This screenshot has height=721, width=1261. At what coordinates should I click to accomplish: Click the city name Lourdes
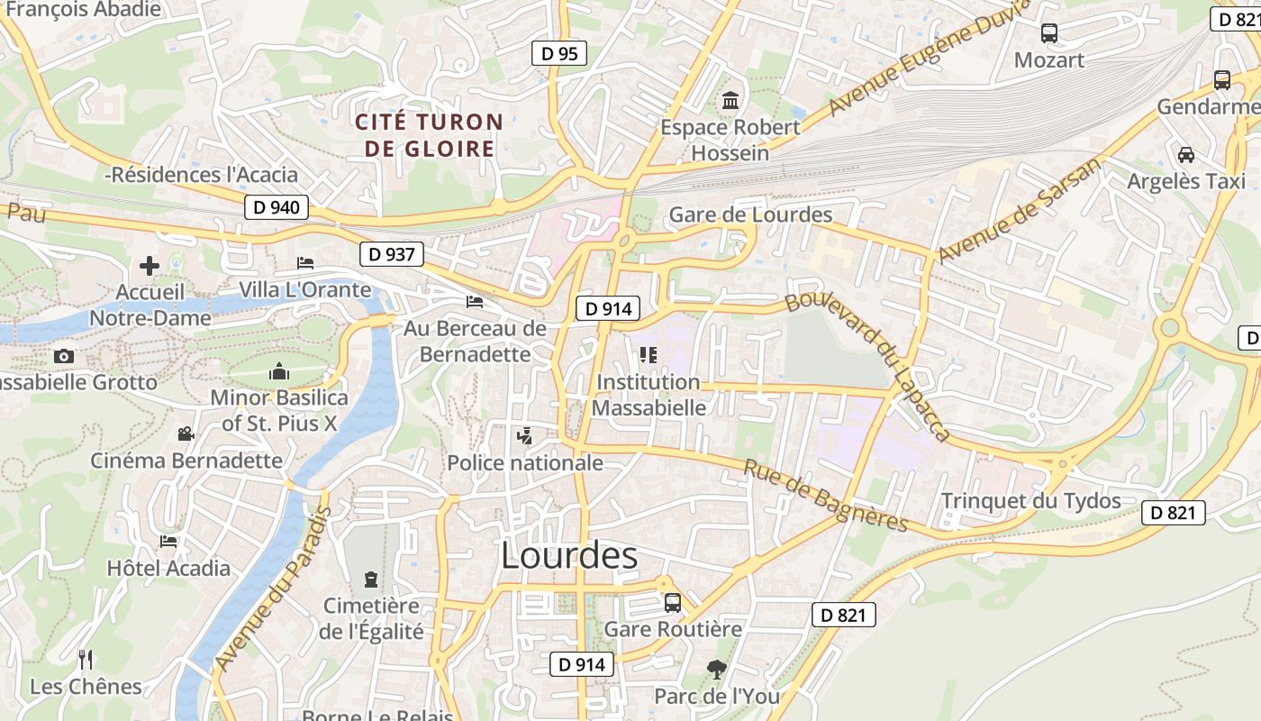(569, 555)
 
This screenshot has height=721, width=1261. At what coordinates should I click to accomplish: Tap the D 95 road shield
(558, 54)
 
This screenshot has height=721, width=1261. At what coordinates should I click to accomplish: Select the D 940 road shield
(277, 207)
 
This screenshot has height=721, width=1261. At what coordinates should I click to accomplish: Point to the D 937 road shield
(392, 254)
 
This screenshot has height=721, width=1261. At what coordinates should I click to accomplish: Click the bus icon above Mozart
(1049, 33)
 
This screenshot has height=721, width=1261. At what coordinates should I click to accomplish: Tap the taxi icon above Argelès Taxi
(1186, 154)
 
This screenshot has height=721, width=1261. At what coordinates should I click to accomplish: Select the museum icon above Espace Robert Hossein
(730, 100)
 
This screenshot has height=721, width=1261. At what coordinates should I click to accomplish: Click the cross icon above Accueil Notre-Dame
(150, 266)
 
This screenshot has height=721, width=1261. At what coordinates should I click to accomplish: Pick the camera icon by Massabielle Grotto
(64, 356)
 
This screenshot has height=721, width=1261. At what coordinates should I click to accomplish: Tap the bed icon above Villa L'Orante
(305, 263)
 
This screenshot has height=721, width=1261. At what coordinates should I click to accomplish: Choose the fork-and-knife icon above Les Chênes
(86, 659)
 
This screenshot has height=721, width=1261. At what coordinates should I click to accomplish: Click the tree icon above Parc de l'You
(716, 669)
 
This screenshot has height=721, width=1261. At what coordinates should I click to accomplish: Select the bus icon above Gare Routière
(673, 602)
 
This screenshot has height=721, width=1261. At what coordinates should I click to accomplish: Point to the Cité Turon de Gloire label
(429, 135)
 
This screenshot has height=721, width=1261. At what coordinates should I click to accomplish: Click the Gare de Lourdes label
(750, 214)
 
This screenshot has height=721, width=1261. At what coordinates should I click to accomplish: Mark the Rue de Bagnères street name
(825, 496)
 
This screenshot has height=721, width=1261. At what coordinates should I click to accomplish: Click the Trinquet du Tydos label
(1030, 501)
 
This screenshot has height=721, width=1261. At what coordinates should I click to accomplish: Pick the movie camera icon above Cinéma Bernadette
(186, 434)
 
